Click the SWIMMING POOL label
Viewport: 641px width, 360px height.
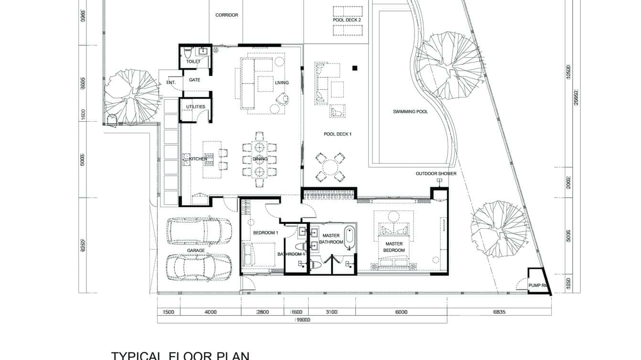(410, 112)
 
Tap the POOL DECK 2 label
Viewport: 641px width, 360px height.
(347, 20)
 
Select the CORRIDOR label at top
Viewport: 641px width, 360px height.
(226, 15)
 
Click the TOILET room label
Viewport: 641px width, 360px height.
(193, 62)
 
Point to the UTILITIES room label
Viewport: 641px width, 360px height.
(195, 107)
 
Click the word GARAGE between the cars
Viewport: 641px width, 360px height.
(196, 251)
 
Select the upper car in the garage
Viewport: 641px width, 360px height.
(199, 231)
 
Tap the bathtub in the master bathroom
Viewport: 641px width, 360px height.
(350, 237)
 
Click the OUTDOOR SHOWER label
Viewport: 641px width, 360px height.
(436, 174)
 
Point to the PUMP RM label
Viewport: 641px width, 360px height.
(537, 286)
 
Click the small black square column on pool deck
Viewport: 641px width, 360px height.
(354, 68)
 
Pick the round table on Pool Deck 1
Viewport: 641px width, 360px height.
(330, 168)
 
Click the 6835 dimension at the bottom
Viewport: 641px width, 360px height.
(499, 312)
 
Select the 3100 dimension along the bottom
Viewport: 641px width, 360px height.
(331, 312)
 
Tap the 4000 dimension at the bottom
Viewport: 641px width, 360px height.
(210, 312)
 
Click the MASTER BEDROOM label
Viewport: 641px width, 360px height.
(394, 247)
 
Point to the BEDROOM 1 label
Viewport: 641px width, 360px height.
(265, 233)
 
